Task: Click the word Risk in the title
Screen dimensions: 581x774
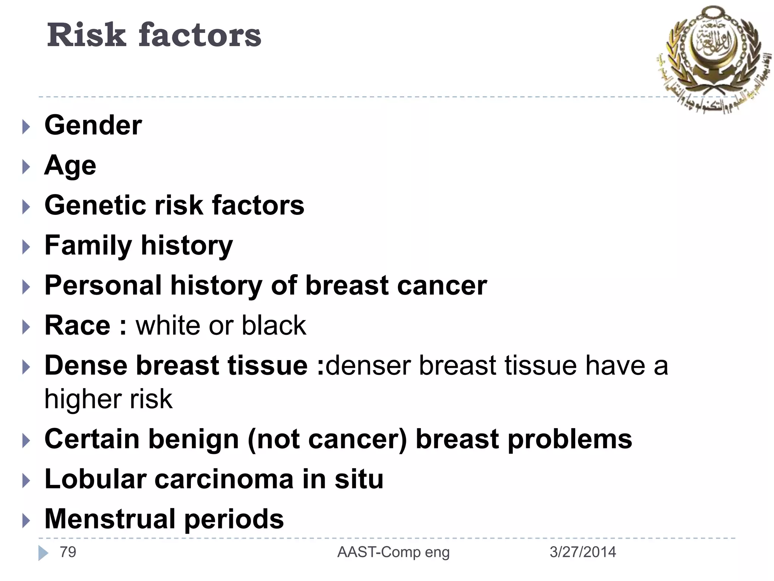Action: click(x=86, y=35)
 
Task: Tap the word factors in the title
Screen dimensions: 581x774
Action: click(x=200, y=35)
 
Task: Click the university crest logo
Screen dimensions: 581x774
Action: click(x=712, y=57)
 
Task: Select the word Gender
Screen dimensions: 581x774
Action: click(x=93, y=125)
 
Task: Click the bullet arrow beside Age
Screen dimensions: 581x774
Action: click(x=26, y=167)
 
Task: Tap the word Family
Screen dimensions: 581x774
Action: click(x=88, y=246)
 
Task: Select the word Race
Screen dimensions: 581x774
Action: click(x=77, y=325)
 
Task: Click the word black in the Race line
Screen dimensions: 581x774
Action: click(x=274, y=325)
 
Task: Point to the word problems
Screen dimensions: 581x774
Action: click(x=570, y=440)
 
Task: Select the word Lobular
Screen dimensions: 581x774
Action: click(x=95, y=479)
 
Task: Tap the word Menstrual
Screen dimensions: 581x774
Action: click(x=110, y=519)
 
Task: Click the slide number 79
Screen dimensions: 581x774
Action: click(x=68, y=552)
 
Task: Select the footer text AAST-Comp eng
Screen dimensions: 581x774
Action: click(x=393, y=553)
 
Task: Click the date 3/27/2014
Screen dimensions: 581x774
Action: click(x=582, y=552)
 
